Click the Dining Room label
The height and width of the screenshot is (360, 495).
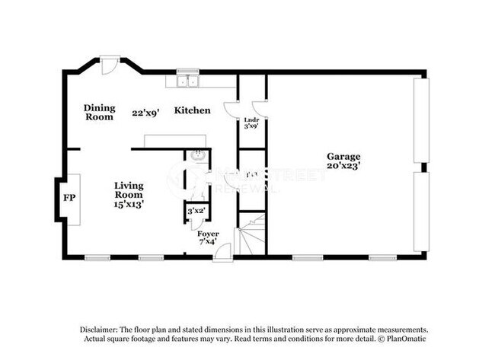(99, 112)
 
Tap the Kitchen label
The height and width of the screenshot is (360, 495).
(193, 110)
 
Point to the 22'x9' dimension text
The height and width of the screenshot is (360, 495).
(145, 112)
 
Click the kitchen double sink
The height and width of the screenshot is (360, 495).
(187, 81)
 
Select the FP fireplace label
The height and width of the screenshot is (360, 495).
(69, 199)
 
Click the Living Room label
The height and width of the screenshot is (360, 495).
(129, 190)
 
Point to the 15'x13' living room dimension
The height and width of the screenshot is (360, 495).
(129, 204)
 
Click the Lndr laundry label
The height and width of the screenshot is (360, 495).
(251, 120)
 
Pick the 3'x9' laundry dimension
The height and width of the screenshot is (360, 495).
(251, 127)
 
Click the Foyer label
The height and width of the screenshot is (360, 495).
(208, 234)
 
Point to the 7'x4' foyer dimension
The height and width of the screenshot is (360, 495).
(208, 242)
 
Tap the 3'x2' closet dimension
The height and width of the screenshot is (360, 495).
(196, 211)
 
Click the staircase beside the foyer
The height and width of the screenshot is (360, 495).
(251, 236)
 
